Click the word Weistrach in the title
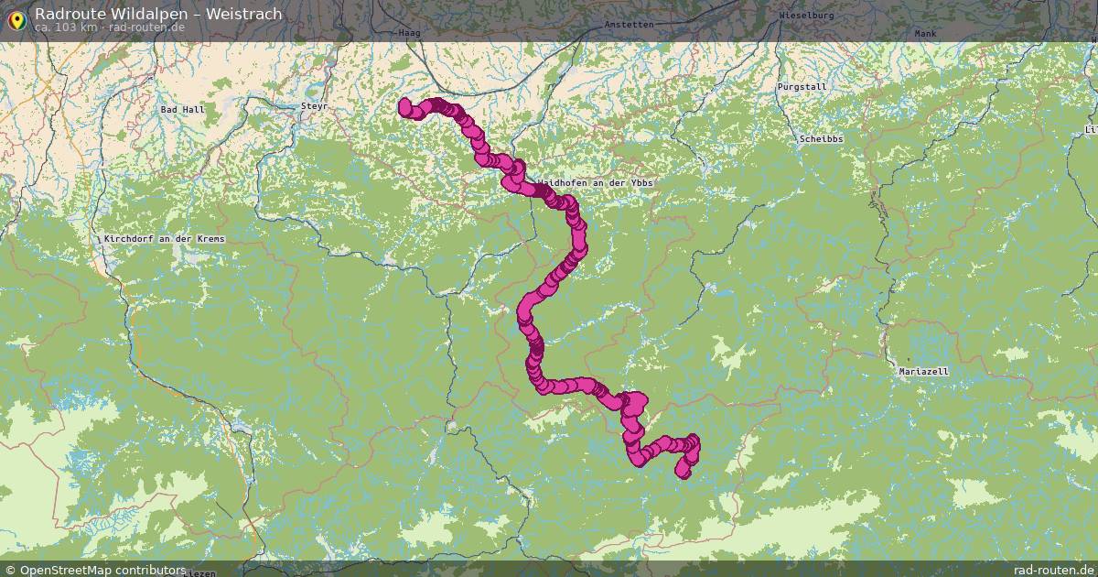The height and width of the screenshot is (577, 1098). click(244, 14)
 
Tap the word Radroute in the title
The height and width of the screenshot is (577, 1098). click(67, 14)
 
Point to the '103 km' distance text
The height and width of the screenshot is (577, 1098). click(77, 27)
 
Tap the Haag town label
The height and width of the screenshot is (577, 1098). click(409, 32)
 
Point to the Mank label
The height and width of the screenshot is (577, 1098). click(925, 34)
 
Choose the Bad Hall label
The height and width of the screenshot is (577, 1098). click(183, 110)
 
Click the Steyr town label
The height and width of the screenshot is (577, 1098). click(314, 107)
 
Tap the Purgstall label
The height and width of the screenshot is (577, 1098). click(802, 87)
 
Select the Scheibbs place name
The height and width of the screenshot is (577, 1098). click(821, 139)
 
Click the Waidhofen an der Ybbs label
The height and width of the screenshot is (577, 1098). click(595, 184)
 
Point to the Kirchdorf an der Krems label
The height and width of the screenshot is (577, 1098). click(164, 239)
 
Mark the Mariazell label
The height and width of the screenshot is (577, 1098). click(923, 372)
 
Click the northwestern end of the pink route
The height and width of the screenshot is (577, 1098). click(405, 106)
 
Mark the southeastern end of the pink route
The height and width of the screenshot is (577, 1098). click(683, 471)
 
